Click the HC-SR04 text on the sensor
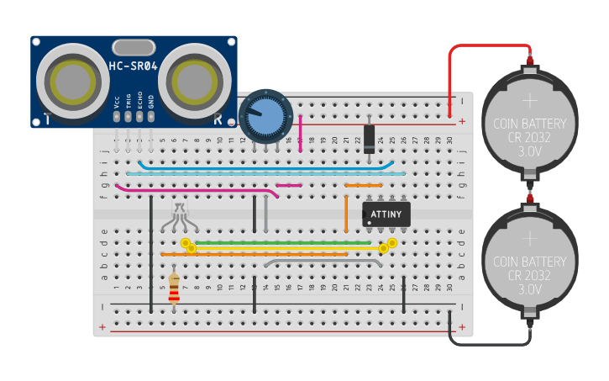(x=133, y=66)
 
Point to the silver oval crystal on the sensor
(x=134, y=46)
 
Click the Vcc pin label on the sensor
(x=117, y=102)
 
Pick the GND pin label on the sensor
(x=151, y=102)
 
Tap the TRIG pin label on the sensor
(x=129, y=102)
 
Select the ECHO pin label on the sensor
(x=140, y=102)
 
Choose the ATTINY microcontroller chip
(x=386, y=214)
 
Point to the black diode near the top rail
(x=369, y=139)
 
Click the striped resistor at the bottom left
(x=174, y=288)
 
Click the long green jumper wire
(x=286, y=242)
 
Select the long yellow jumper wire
(x=286, y=248)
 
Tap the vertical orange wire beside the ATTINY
(x=346, y=214)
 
